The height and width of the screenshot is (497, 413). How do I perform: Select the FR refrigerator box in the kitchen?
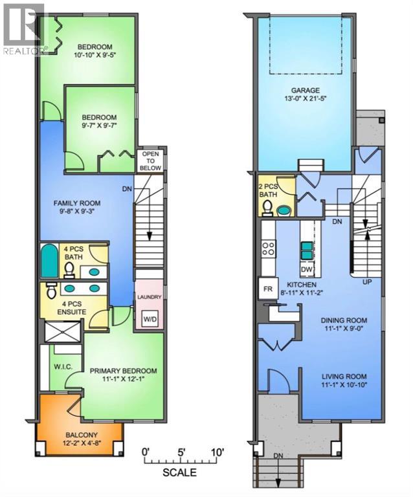pos(267,287)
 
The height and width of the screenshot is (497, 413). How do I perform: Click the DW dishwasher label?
pos(308,269)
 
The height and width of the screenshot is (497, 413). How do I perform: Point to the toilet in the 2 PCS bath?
pos(267,207)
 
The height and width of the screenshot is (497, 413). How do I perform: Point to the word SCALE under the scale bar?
pos(180,472)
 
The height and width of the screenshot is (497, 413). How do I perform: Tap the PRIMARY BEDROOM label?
pos(120,371)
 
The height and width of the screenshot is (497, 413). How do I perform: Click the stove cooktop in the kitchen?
pos(267,248)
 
